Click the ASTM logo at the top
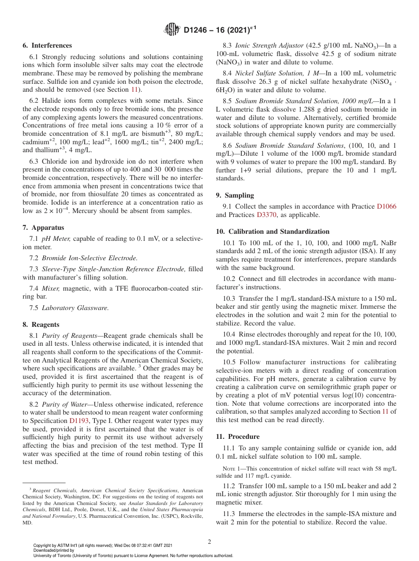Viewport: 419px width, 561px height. pyautogui.click(x=172, y=30)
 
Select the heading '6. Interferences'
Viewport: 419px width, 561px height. pyautogui.click(x=47, y=45)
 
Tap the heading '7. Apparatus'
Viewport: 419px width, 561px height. pyautogui.click(x=43, y=228)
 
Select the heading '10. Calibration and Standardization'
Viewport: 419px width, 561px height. pyautogui.click(x=273, y=232)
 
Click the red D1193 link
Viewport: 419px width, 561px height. pyautogui.click(x=79, y=421)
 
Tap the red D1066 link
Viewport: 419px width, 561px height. pyautogui.click(x=386, y=206)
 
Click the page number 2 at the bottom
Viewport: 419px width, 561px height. pyautogui.click(x=209, y=542)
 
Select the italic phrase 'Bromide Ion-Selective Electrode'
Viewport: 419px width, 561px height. pyautogui.click(x=89, y=258)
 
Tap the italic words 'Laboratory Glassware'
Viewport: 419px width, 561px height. pyautogui.click(x=75, y=308)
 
